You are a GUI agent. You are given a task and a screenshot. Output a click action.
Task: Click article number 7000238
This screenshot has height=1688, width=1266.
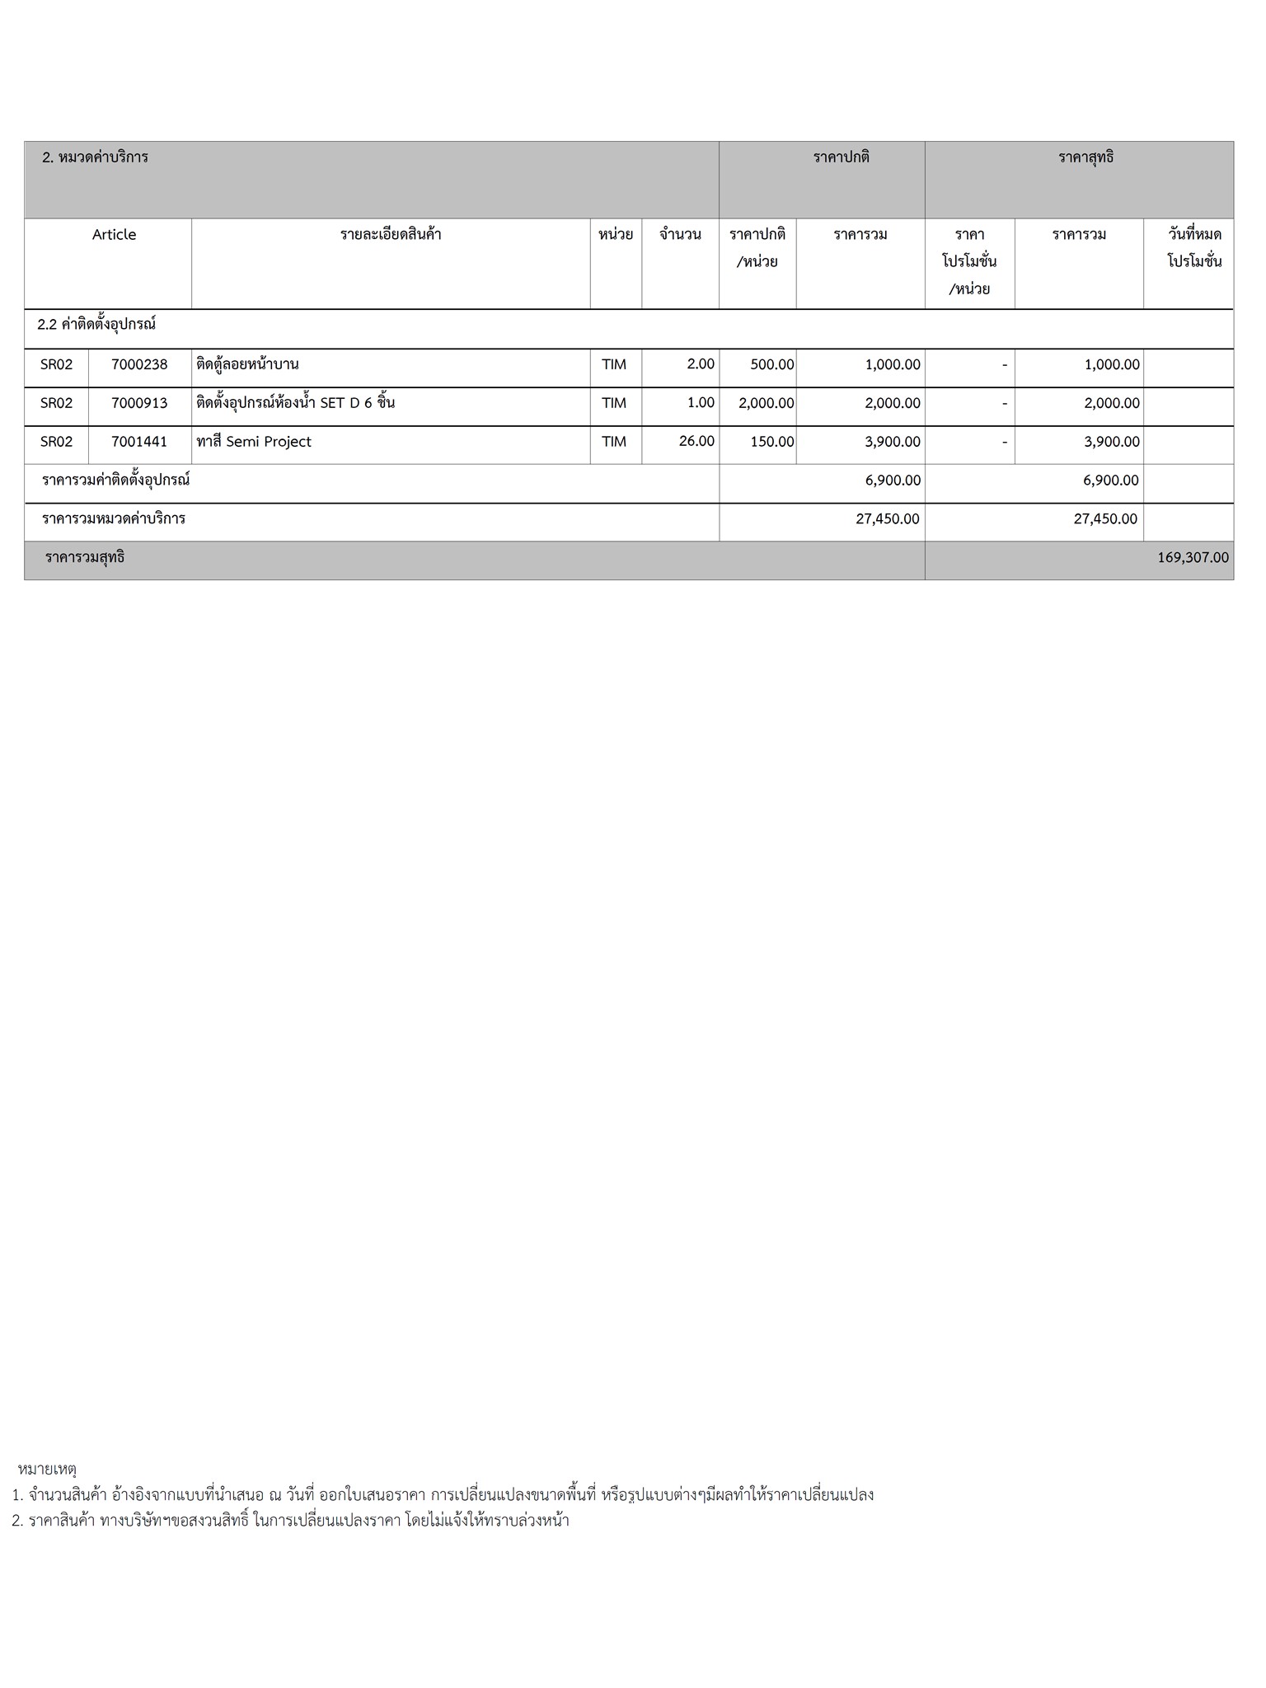(139, 364)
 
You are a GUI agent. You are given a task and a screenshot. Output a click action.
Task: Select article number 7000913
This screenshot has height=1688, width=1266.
(139, 403)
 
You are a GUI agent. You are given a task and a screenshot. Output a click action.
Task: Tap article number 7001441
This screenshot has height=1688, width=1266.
(139, 442)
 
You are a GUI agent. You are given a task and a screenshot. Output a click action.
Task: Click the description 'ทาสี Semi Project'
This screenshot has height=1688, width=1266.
(254, 442)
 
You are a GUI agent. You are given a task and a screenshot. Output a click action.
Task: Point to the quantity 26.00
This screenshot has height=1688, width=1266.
(696, 441)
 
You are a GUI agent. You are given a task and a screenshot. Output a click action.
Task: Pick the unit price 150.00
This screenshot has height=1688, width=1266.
(772, 442)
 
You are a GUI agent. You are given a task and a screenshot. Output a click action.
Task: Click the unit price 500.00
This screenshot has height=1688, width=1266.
(772, 364)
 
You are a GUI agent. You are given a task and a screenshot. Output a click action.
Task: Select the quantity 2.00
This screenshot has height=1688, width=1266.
(701, 363)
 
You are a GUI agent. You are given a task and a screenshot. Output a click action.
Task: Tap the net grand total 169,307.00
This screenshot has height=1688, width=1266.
(1193, 558)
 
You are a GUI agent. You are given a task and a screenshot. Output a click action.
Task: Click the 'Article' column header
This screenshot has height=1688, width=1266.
(114, 235)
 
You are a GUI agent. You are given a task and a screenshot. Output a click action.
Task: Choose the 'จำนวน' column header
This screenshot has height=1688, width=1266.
(680, 235)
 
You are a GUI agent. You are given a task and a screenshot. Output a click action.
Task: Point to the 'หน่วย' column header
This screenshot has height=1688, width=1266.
(616, 235)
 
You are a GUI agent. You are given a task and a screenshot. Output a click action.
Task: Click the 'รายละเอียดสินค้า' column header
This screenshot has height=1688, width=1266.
(391, 235)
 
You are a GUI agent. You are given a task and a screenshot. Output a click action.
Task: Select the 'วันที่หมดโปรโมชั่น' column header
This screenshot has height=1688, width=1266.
(1194, 248)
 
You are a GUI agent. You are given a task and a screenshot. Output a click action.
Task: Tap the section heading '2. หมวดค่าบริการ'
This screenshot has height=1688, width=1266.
(96, 157)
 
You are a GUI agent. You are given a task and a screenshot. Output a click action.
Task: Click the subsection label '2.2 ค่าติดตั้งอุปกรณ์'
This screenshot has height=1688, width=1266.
(96, 325)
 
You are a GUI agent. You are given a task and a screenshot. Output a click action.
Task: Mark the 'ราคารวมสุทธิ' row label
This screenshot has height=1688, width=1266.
(86, 558)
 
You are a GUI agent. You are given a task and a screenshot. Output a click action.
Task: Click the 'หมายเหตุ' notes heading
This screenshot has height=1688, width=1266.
(47, 1469)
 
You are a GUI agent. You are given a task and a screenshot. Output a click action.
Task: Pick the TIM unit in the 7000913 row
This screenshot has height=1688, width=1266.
(614, 403)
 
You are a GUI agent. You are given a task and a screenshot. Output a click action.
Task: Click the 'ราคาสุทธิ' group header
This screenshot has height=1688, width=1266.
(1085, 157)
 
